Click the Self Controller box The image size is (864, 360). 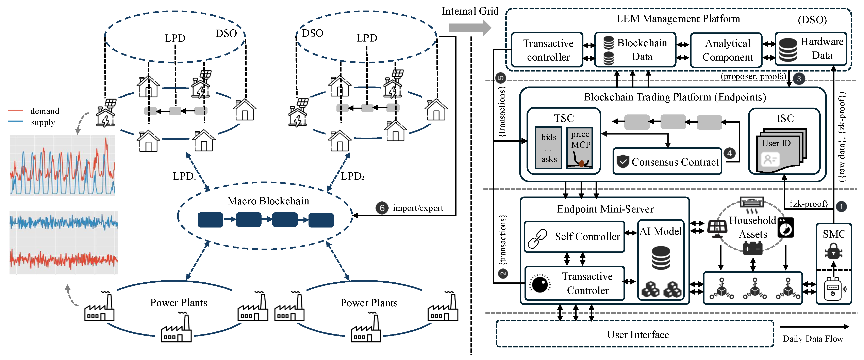point(574,237)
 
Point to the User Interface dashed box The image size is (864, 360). point(635,334)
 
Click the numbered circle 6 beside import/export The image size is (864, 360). point(382,208)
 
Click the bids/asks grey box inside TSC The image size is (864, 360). point(548,148)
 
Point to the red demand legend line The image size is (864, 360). point(15,110)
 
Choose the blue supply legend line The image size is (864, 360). point(15,122)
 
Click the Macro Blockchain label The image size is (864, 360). point(268,201)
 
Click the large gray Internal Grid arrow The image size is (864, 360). point(470,28)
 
